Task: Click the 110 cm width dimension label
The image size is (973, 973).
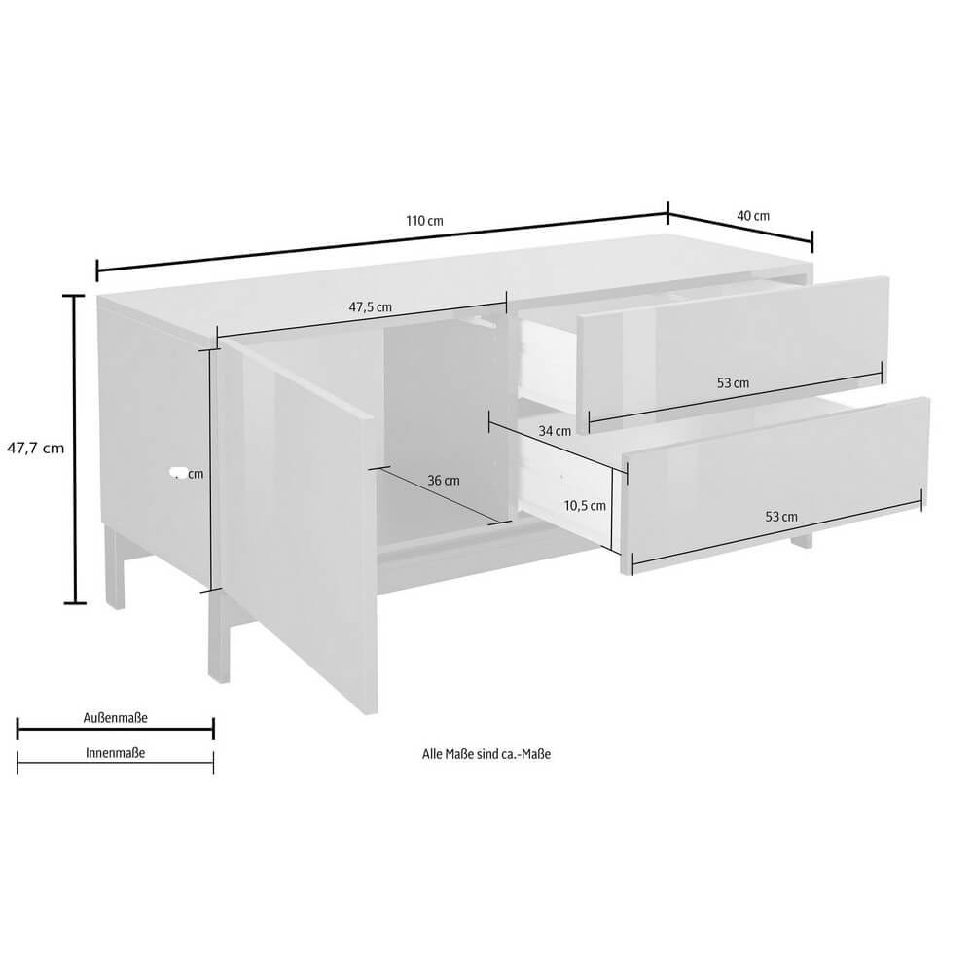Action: (424, 221)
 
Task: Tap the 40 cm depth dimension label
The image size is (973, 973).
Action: (753, 215)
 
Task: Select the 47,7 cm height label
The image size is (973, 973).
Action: (35, 449)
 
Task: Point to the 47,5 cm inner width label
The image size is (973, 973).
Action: (371, 306)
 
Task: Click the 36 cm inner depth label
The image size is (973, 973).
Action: (444, 480)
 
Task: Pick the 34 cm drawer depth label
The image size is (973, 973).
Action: (556, 431)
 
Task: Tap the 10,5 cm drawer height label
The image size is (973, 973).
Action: (586, 505)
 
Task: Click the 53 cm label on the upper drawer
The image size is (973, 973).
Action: (733, 383)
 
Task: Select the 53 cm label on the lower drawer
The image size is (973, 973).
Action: (781, 517)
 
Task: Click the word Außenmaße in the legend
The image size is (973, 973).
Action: (116, 718)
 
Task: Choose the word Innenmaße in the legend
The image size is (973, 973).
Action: (116, 752)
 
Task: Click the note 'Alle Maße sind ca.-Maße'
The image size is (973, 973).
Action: (486, 753)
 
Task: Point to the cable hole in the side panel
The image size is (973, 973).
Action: (176, 475)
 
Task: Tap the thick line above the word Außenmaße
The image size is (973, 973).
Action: (116, 728)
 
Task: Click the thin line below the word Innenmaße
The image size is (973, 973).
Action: (116, 763)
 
